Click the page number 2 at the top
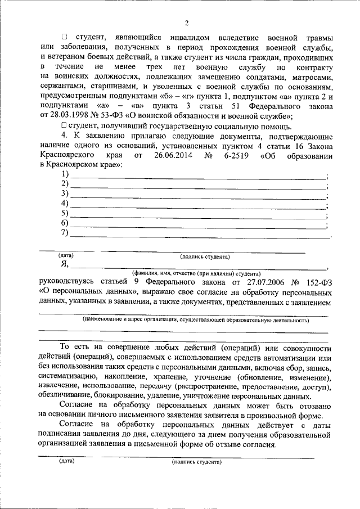click(185, 22)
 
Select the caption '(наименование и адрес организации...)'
click(195, 320)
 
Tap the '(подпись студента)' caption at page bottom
click(197, 462)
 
